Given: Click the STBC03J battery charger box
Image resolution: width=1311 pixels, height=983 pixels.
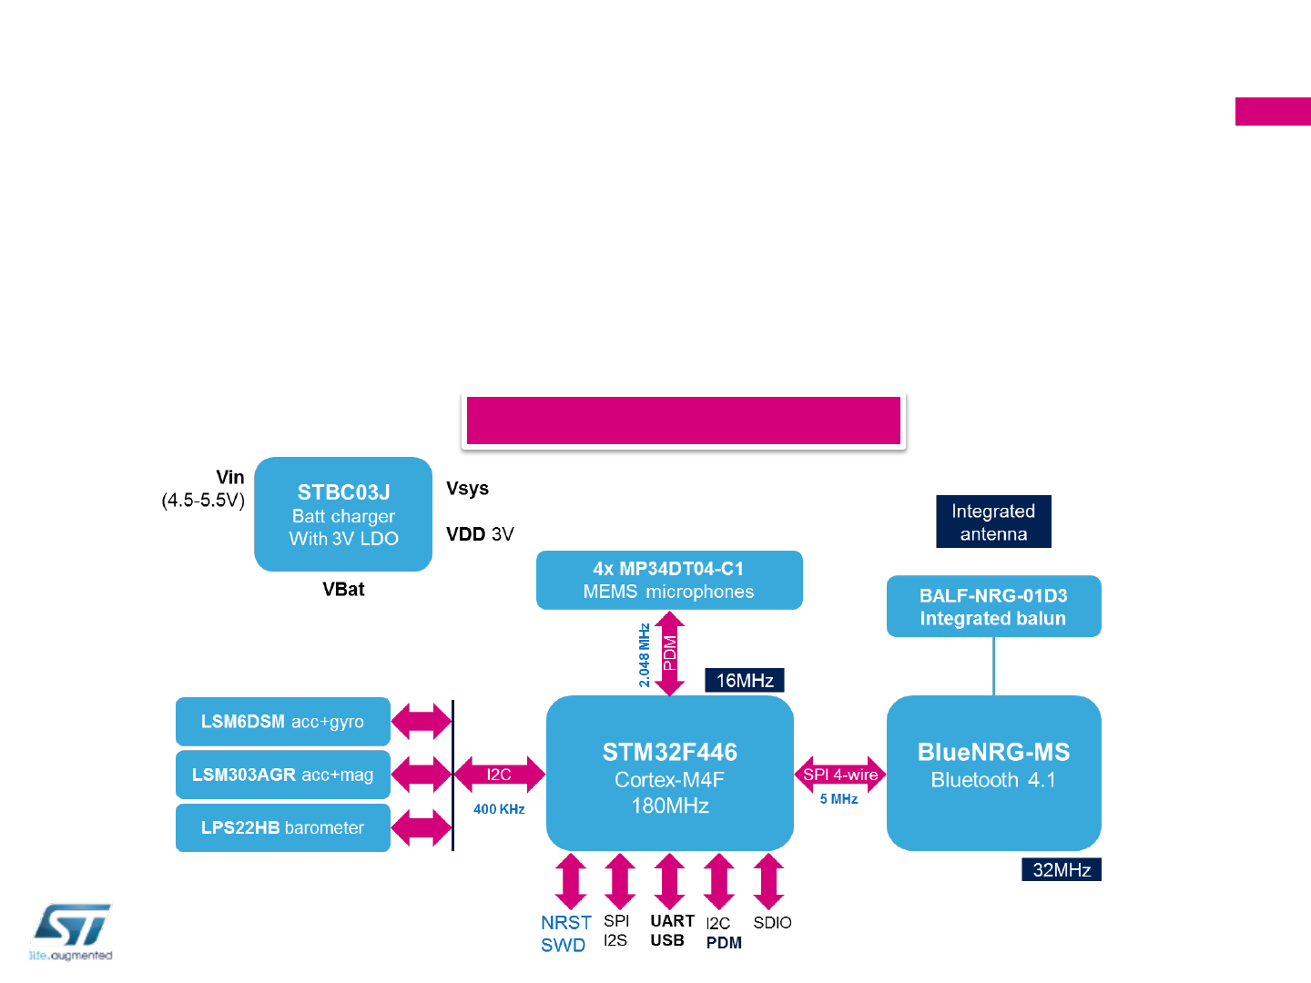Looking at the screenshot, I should [343, 514].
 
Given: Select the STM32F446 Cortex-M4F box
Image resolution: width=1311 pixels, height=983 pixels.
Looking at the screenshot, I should [669, 774].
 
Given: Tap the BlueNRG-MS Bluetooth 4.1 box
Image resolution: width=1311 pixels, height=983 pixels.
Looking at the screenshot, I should [993, 773].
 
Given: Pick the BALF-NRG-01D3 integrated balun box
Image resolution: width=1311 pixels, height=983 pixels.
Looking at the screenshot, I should [993, 606].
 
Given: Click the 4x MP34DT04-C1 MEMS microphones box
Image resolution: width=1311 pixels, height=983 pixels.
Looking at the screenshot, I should [669, 580].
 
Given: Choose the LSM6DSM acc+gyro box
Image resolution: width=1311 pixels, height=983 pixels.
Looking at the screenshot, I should [282, 722].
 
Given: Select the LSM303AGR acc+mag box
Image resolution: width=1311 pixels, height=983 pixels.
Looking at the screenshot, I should [282, 775].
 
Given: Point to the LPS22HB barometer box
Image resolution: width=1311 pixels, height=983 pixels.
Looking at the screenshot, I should [282, 827].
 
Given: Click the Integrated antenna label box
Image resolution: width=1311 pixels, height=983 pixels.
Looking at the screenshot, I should [993, 522].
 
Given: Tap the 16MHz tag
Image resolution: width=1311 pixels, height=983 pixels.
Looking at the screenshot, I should [744, 680].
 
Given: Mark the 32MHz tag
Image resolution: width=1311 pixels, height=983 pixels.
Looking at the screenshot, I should [1061, 869].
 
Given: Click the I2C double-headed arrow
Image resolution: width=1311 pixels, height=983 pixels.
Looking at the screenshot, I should [499, 775].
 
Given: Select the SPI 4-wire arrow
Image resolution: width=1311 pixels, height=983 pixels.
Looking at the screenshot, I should [839, 775].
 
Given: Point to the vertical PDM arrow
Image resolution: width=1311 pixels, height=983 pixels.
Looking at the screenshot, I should [669, 654].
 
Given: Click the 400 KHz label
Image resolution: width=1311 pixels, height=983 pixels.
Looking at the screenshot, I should [499, 809].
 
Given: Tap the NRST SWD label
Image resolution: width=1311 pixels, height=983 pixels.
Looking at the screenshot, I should [565, 934].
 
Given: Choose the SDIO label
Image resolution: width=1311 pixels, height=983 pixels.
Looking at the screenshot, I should [772, 923].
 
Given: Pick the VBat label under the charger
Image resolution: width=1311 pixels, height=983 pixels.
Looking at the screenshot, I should [343, 590].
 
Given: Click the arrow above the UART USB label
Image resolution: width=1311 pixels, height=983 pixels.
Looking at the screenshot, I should [669, 881].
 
